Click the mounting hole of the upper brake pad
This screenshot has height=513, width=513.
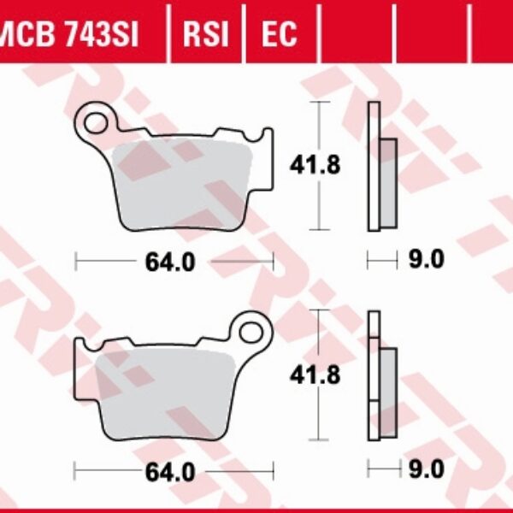[96, 119]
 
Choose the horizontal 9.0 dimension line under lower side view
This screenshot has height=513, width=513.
[384, 469]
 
